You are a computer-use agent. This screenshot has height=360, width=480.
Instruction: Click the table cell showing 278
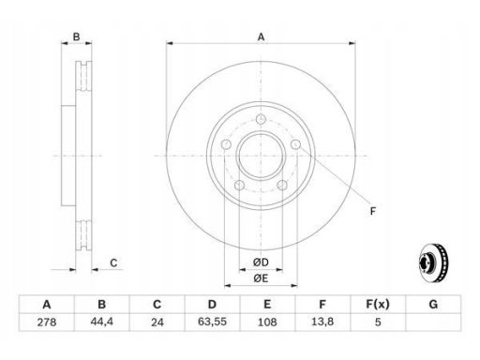(47, 322)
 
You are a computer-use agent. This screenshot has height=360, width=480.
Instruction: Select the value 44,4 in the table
(102, 322)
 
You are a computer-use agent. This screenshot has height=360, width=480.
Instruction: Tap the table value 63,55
(212, 322)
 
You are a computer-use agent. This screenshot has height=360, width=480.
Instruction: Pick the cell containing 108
(267, 322)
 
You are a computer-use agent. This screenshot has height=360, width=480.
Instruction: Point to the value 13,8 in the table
(322, 322)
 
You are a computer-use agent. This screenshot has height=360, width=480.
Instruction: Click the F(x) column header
(378, 304)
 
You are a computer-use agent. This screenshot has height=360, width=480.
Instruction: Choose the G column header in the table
(433, 304)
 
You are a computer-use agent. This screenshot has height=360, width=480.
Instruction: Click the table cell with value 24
(157, 322)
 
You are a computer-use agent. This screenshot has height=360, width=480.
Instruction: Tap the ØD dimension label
(261, 262)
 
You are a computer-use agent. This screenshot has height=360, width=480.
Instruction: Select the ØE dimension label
(261, 278)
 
